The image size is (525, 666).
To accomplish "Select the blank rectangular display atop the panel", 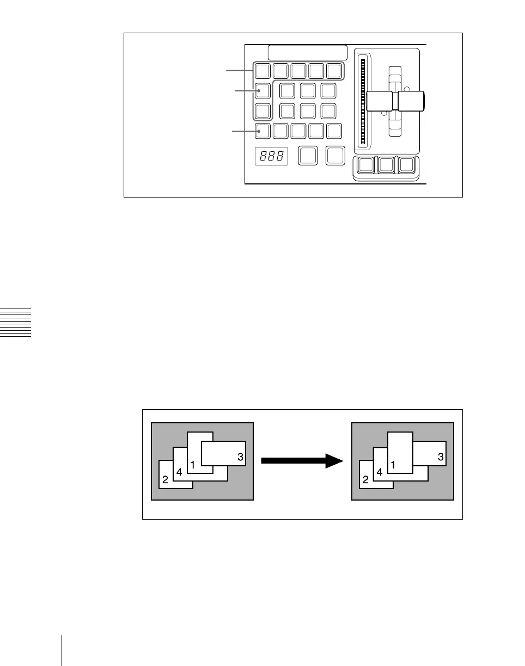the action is point(308,52).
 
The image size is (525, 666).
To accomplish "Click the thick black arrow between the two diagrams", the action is point(302,461).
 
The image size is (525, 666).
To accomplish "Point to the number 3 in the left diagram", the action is point(240,457).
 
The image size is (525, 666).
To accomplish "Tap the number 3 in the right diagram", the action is point(441,457).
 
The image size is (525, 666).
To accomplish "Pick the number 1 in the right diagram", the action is point(394,465).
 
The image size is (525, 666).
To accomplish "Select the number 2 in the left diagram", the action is point(165,479).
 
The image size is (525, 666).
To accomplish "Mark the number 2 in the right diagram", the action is point(365,479).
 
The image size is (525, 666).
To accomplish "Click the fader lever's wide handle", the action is point(395,101).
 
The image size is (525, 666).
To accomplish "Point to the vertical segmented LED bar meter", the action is point(362,102).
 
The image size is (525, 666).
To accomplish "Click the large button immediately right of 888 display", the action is point(308,155).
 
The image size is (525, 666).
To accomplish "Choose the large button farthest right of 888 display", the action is point(335,155).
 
